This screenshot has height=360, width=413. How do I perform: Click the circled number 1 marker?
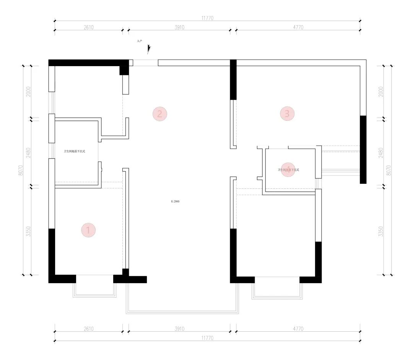pos(88,230)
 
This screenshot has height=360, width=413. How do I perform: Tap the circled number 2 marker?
pos(160,114)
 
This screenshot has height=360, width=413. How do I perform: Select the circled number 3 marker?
pos(287,114)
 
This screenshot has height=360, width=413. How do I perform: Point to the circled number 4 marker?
pos(287,170)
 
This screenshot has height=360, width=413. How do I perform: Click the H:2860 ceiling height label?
pos(175,201)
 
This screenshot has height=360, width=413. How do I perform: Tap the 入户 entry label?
pos(140,40)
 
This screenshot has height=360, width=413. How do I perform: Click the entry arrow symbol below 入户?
pos(149,49)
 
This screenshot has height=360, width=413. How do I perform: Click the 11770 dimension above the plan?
pos(207,18)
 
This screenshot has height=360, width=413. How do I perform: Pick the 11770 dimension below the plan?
pos(207,338)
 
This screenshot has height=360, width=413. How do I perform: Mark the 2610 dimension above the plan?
pos(88,27)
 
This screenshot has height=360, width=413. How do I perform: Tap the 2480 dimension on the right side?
pos(380,153)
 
